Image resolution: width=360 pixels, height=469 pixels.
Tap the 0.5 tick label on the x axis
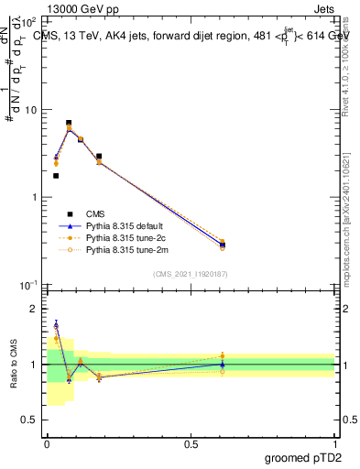191,442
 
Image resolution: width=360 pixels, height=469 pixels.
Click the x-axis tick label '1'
334,442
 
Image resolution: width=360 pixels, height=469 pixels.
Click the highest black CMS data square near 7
69,123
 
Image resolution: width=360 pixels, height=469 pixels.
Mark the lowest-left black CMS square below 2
56,175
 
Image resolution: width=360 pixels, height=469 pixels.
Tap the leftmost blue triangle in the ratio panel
56,325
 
